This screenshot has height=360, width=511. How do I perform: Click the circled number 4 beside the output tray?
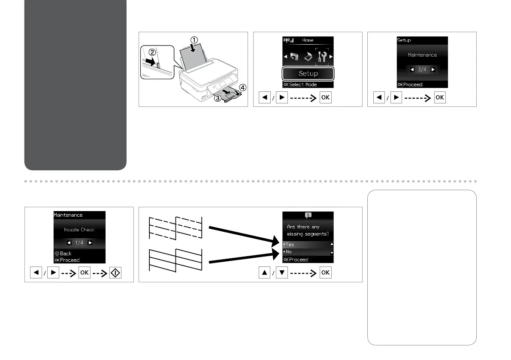243,88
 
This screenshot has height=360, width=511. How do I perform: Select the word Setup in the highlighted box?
308,73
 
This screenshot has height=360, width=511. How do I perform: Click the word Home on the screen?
308,40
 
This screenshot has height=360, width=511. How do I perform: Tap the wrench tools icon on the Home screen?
322,57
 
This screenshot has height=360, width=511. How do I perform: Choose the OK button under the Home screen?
325,98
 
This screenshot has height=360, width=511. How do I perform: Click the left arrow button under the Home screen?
265,98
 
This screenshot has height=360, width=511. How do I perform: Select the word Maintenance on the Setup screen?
422,55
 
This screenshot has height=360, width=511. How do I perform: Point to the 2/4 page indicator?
422,70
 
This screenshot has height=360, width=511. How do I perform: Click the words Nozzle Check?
79,230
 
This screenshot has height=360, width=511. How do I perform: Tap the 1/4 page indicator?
79,243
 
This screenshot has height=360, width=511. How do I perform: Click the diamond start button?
115,273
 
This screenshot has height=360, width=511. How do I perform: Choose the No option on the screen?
289,252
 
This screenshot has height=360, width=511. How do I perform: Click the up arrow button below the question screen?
265,273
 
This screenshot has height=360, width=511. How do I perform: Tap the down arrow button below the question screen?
282,273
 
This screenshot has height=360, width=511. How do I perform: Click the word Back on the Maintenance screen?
66,254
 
